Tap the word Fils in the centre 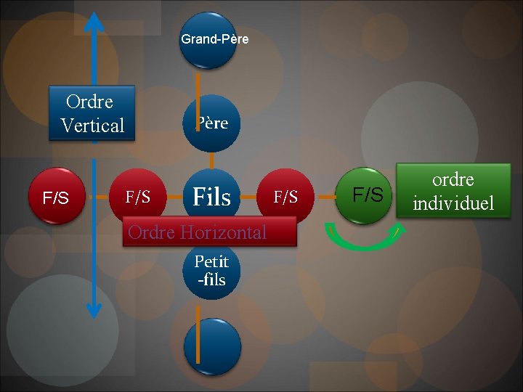tap(211, 197)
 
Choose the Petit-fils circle tap(211, 271)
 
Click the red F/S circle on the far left tap(56, 197)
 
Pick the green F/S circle tap(368, 195)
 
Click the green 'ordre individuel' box tap(453, 190)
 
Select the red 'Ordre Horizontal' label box tap(209, 232)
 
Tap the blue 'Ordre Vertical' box tap(92, 113)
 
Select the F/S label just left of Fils tap(138, 197)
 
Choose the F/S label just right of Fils tap(285, 197)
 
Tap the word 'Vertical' tap(93, 126)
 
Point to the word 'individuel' tap(453, 203)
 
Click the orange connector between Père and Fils tap(211, 160)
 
